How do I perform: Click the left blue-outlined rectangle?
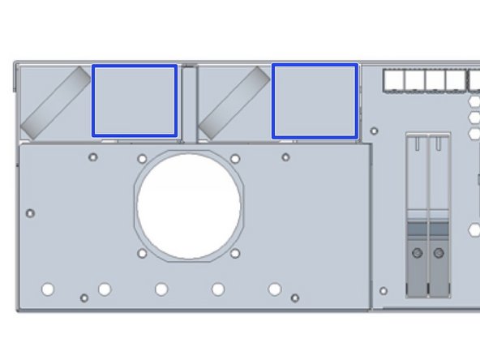point(135,101)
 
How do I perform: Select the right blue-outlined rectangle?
point(315,101)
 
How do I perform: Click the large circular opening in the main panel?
point(190,206)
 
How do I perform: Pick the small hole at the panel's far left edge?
point(31,213)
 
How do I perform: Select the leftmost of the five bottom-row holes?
point(48,289)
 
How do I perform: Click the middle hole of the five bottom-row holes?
point(161,289)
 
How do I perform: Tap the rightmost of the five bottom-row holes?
point(275,289)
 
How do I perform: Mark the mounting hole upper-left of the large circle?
point(143,159)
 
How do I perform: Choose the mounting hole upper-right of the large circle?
point(235,159)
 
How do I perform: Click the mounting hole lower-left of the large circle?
point(143,254)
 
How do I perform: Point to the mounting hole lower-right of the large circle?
point(235,254)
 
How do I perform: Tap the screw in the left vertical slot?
point(417,254)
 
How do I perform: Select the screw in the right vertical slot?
point(439,254)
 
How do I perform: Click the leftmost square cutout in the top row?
point(393,79)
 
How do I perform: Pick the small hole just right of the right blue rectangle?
point(374,131)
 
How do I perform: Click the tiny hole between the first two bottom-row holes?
point(84,298)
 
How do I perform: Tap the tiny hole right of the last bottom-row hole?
point(295,298)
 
